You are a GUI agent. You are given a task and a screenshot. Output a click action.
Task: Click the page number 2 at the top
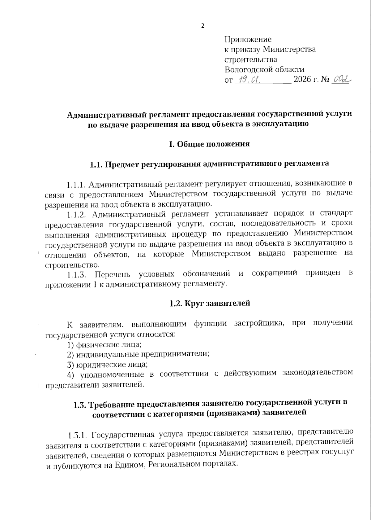click(x=203, y=26)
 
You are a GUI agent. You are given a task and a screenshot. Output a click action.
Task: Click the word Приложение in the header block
click(x=248, y=39)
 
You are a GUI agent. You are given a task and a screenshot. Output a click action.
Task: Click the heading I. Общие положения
click(x=209, y=144)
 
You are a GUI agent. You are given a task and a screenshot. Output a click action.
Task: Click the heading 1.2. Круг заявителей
click(x=209, y=303)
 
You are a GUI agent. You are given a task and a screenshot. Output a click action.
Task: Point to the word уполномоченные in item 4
click(x=112, y=374)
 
